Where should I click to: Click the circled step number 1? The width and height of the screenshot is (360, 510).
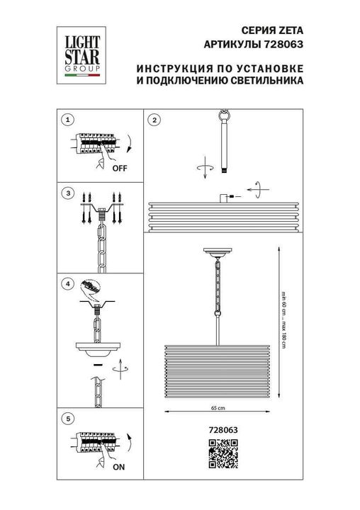(67, 120)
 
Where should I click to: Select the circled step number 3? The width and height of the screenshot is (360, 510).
(67, 193)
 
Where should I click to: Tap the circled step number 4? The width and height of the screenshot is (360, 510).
(67, 284)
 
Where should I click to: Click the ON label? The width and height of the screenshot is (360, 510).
(119, 467)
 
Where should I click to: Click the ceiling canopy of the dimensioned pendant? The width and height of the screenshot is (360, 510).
(217, 253)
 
